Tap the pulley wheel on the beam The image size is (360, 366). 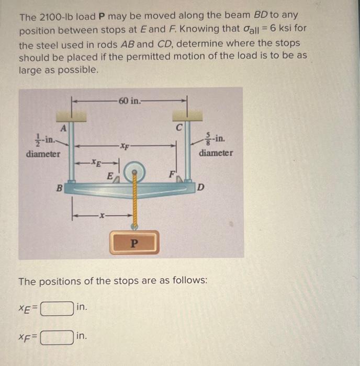[x=135, y=171]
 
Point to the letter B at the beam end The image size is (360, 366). [x=59, y=186]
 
